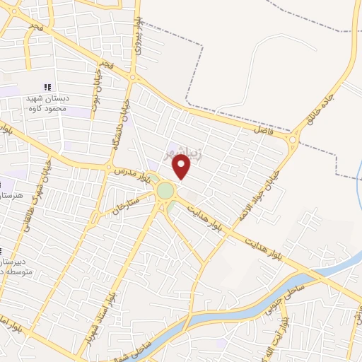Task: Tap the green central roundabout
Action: point(165,191)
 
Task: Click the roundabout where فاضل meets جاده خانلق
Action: point(292,139)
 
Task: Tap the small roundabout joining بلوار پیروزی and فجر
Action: point(132,76)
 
